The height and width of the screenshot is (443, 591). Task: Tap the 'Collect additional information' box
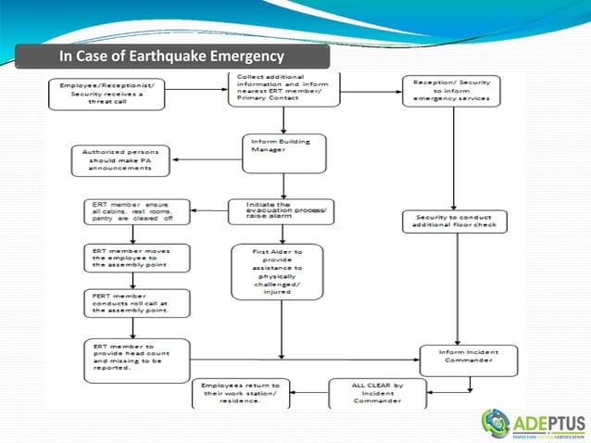[x=276, y=89]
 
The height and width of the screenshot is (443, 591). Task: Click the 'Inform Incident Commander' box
[x=462, y=355]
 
